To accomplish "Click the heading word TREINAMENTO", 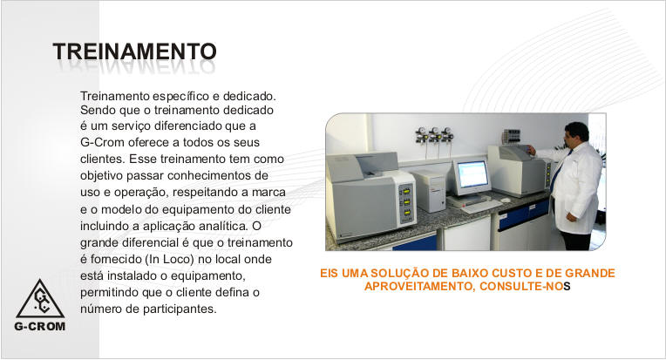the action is pos(134,51).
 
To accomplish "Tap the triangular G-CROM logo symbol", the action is pos(40,299).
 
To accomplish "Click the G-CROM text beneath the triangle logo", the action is pos(40,327).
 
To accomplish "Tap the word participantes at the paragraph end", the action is pos(180,309).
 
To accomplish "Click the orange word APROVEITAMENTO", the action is pos(418,287).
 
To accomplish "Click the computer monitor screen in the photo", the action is pos(472,174).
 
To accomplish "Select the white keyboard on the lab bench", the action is pos(481,207).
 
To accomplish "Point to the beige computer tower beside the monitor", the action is pos(430,190).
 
